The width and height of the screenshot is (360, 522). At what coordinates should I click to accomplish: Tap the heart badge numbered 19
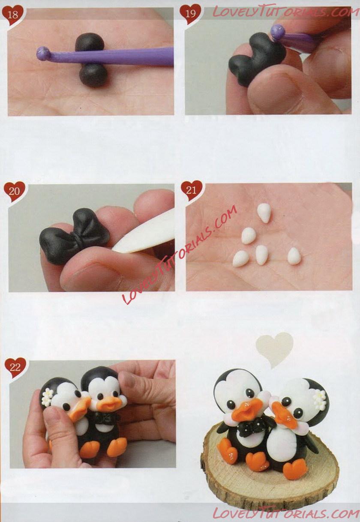191,15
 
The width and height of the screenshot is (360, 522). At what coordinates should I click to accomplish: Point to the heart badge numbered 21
192,191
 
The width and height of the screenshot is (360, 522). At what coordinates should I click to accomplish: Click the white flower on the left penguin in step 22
48,398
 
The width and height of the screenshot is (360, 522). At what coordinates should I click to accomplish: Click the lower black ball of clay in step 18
93,75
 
